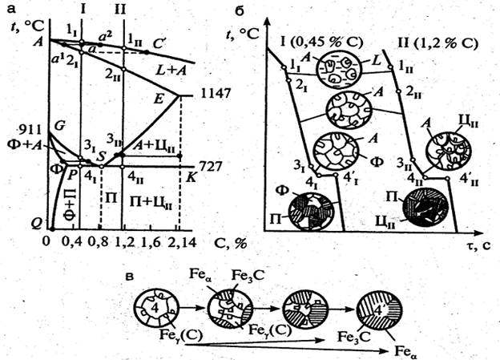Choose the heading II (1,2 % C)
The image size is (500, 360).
tap(431, 38)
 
